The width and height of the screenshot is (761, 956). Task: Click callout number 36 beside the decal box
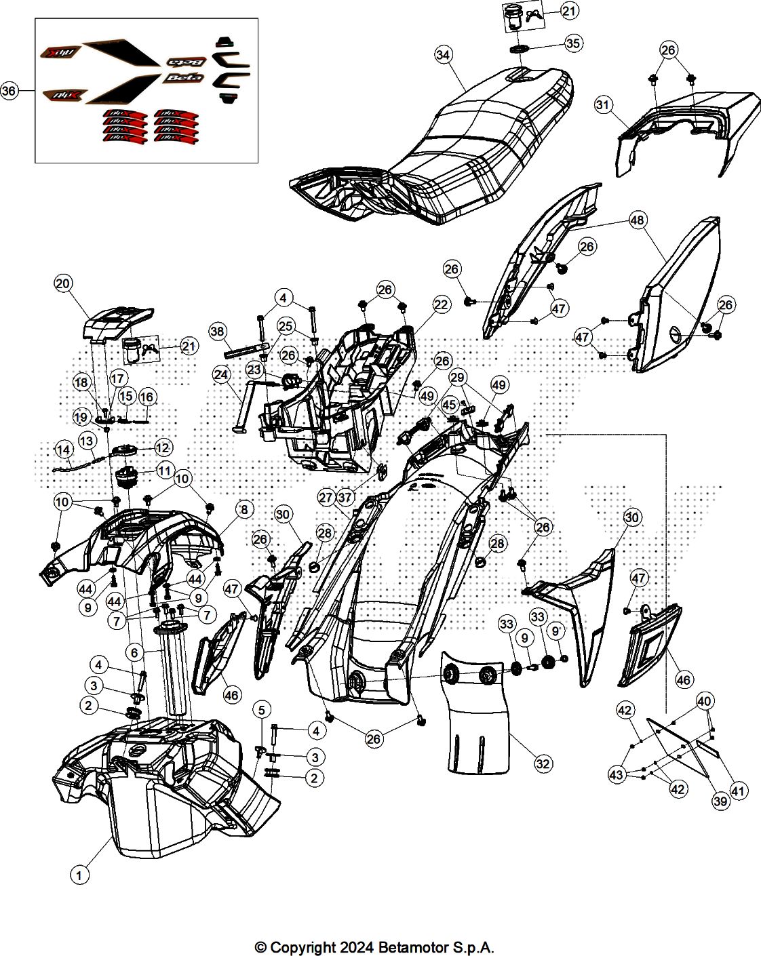coord(9,91)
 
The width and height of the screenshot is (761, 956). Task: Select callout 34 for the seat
coord(444,55)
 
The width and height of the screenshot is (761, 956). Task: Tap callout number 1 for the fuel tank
coord(79,875)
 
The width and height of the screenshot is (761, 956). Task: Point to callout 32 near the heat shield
coord(543,763)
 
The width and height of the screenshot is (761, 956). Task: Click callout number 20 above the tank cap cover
coord(63,284)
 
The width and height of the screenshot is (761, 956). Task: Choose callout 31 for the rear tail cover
coord(604,104)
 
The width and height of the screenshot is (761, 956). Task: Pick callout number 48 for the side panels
coord(637,220)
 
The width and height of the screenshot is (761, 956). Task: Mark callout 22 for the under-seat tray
coord(441,304)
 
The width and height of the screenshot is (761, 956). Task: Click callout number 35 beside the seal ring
coord(573,43)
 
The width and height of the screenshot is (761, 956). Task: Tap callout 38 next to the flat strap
coord(217,331)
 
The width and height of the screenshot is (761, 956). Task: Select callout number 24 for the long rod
coord(221,374)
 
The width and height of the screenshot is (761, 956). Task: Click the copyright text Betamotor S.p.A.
coord(374,947)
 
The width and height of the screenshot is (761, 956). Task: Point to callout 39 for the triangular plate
coord(720,801)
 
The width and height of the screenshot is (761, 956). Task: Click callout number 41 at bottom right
coord(738,790)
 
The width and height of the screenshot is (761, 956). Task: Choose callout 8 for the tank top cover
coord(243,509)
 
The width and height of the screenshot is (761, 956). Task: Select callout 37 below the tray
coord(345,497)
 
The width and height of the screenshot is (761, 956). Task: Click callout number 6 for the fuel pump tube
coord(134,652)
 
